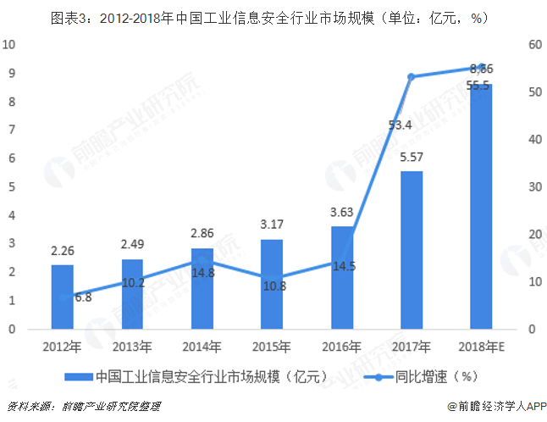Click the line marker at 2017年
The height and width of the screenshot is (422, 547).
(411, 76)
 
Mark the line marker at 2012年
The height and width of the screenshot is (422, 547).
(62, 297)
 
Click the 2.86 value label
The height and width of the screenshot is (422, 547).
(202, 231)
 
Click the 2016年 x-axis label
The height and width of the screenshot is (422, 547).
(340, 347)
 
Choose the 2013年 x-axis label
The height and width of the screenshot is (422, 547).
(132, 347)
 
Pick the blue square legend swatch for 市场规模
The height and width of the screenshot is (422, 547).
(77, 376)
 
